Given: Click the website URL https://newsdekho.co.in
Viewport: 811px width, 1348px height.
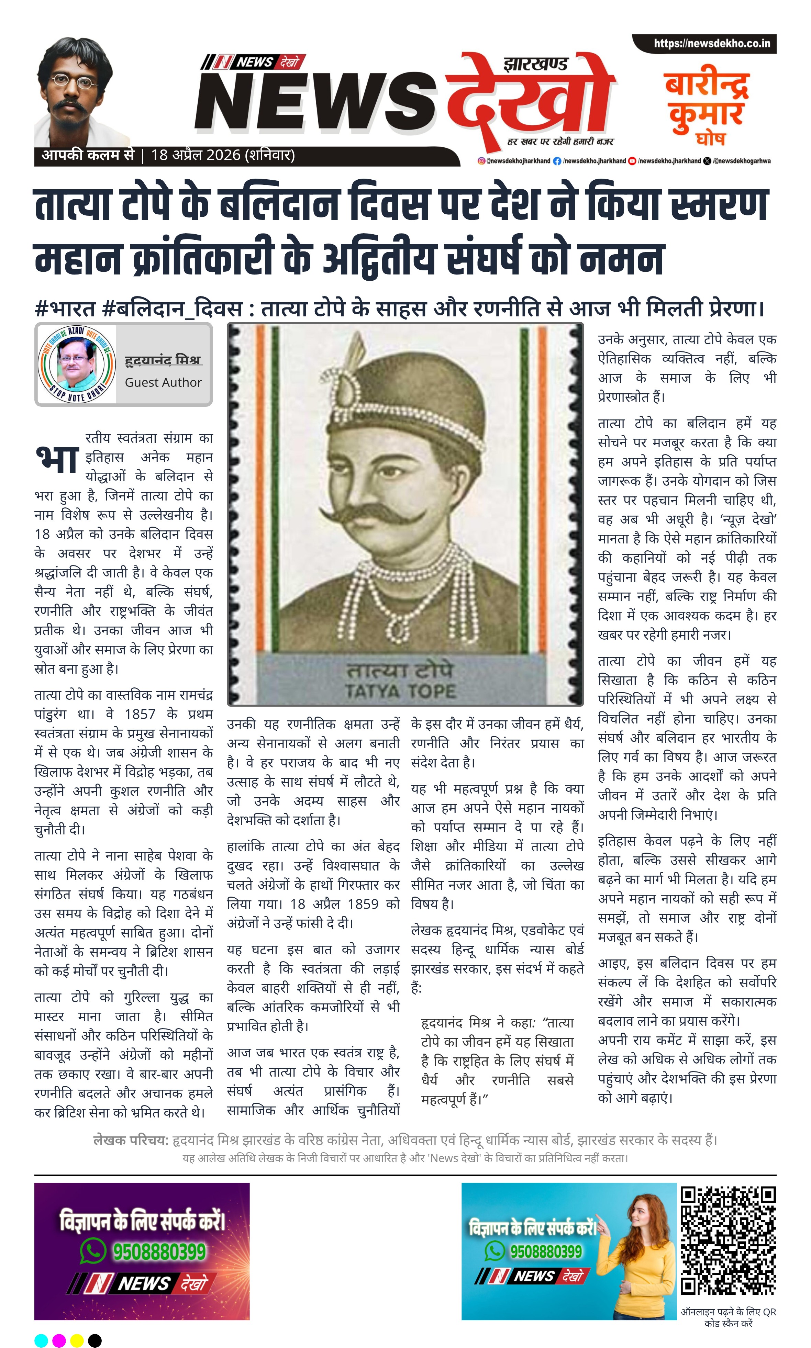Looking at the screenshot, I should [x=712, y=44].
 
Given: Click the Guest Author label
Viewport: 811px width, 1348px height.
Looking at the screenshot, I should [x=163, y=382].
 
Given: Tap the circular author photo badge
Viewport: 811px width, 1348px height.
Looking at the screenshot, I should [x=77, y=364].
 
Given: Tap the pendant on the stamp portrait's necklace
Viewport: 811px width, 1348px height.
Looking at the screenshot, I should [x=397, y=629].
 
